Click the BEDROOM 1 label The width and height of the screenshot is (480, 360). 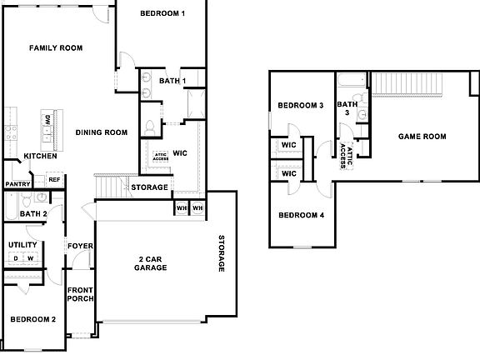tap(162, 14)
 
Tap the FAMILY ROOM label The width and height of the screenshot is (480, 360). tap(56, 48)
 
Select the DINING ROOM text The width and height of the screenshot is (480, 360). tap(101, 132)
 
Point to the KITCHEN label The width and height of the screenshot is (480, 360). tap(40, 156)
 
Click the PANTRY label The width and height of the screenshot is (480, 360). tap(18, 184)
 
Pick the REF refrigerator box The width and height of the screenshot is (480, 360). tap(54, 179)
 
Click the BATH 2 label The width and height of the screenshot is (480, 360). tap(32, 214)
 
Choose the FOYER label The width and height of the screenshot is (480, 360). tap(81, 247)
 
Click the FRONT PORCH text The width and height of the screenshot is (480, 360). tap(81, 295)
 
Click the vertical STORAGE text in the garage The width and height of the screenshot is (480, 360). tap(222, 253)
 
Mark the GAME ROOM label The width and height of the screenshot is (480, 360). tap(422, 137)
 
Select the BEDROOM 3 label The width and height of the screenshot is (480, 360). tap(300, 106)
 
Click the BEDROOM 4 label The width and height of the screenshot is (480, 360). tap(300, 216)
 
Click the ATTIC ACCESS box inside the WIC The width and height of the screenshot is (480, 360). tap(160, 156)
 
